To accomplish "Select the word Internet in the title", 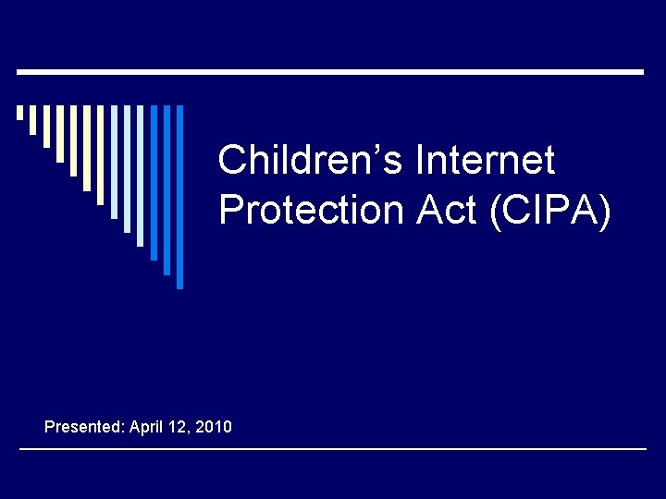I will coord(486,161).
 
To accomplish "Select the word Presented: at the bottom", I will coord(85,427).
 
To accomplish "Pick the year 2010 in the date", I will coord(214,427).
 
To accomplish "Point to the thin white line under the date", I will coord(333,449).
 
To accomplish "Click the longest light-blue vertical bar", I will coord(141,176).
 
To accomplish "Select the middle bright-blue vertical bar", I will coord(167,189).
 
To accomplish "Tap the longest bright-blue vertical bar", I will coord(180,197).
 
